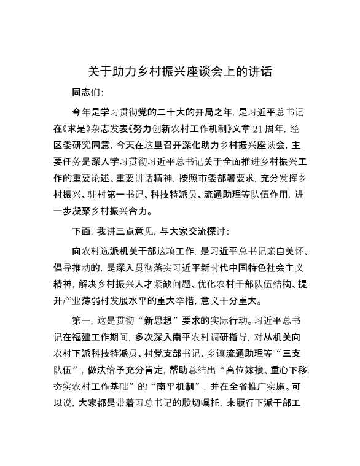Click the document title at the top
coord(180,71)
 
